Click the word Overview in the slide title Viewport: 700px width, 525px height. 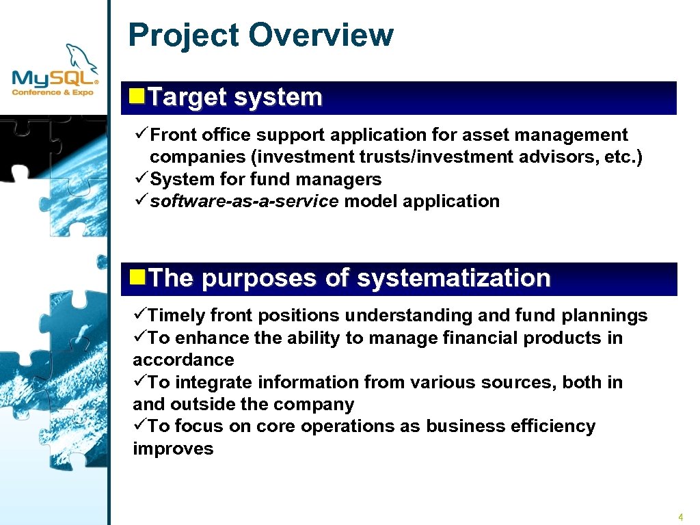click(x=321, y=35)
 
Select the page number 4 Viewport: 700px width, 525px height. click(x=680, y=517)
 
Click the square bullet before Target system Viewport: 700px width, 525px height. click(x=136, y=95)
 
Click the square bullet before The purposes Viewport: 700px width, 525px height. click(x=136, y=276)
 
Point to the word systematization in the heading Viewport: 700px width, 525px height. click(x=453, y=278)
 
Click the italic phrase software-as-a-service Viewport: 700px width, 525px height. click(x=244, y=201)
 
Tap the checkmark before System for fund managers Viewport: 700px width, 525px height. click(x=142, y=179)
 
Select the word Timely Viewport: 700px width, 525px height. click(x=176, y=316)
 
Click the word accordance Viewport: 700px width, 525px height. click(x=183, y=360)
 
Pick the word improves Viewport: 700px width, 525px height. click(x=173, y=449)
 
